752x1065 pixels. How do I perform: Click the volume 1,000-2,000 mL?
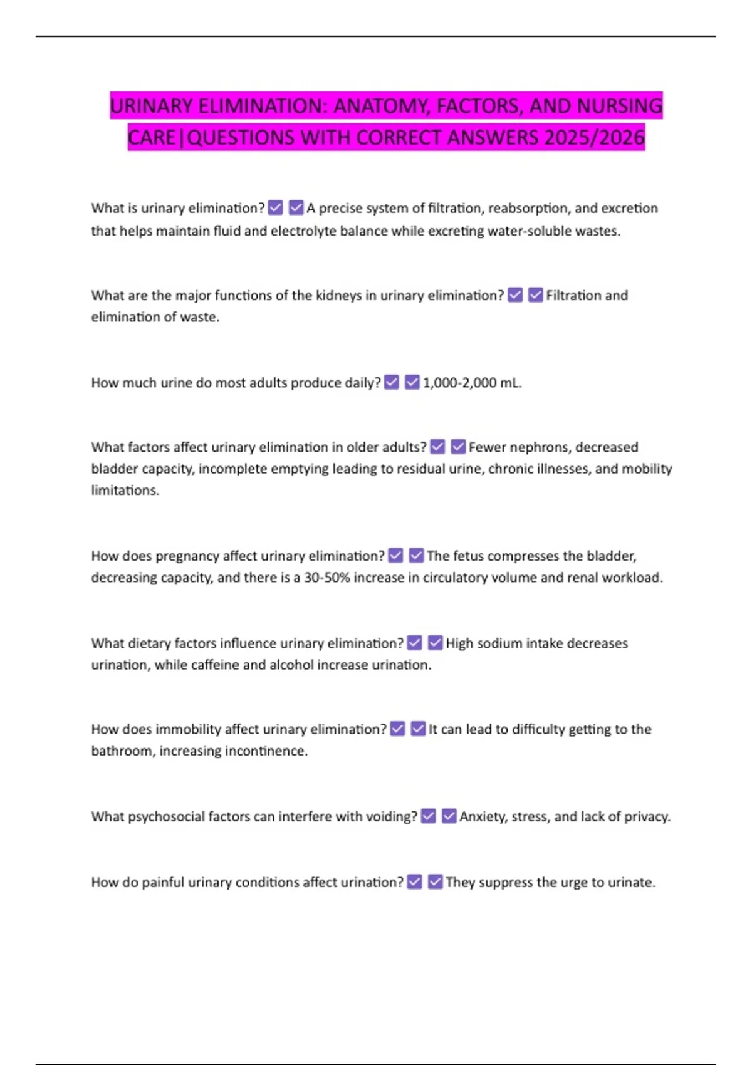point(472,383)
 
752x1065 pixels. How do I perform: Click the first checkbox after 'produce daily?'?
point(392,382)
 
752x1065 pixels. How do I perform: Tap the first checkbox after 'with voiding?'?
point(429,816)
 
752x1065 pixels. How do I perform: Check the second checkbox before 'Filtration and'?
point(536,295)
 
